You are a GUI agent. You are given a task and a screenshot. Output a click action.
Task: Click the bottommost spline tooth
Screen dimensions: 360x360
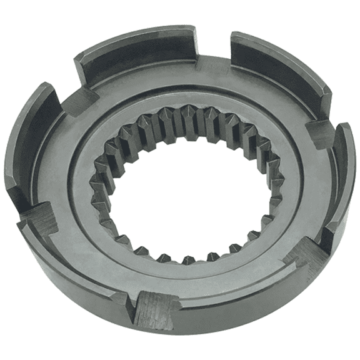pyautogui.click(x=187, y=258)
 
